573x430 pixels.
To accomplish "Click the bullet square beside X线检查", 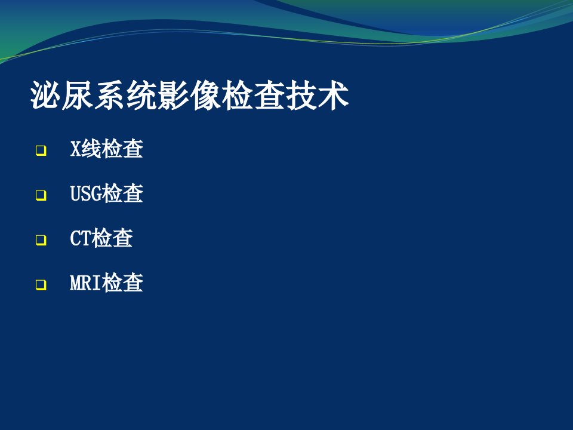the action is coord(41,150).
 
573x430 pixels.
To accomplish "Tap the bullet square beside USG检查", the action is coord(41,195).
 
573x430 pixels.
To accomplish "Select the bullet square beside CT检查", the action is coord(41,240).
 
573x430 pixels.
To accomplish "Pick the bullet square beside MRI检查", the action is coord(41,284).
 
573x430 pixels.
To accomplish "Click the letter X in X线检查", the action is coord(75,149).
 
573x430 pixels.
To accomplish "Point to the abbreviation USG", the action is coord(85,193).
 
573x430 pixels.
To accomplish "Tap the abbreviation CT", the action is coord(81,238).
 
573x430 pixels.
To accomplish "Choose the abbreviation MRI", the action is coord(85,282).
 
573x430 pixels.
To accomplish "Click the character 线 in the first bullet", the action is coord(91,149).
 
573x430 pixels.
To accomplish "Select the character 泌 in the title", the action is coord(45,96).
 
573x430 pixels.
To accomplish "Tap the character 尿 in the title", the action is coord(77,96).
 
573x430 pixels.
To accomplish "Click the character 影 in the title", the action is coord(174,96).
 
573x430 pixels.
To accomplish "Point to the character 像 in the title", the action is coord(205,96).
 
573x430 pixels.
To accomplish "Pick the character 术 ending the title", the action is coord(334,96).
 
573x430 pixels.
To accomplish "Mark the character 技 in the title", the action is coord(301,96).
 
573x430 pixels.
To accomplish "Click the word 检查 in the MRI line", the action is coord(122,282).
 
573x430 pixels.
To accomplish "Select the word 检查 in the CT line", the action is coord(112,238).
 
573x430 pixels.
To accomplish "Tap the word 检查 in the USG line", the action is coord(122,193).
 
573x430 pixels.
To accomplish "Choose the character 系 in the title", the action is coord(109,96).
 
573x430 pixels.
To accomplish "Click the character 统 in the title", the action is coord(141,96).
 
